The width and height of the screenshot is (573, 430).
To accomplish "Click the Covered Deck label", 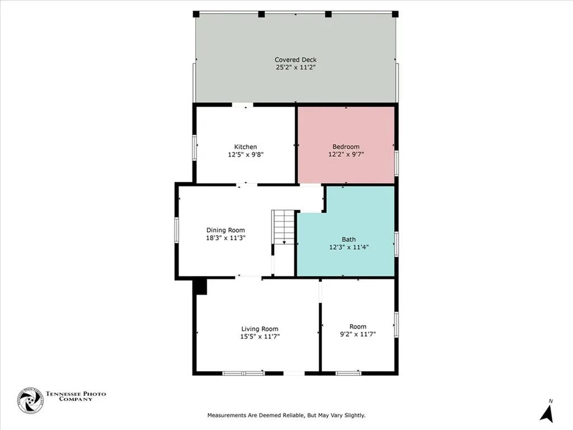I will (x=295, y=60).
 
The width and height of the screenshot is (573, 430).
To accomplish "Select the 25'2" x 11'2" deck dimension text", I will (x=295, y=68).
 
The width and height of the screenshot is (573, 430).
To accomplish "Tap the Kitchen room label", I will (x=246, y=147).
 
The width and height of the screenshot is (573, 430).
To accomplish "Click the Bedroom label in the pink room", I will (x=346, y=147).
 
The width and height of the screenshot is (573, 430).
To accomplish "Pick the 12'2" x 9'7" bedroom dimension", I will (x=346, y=155).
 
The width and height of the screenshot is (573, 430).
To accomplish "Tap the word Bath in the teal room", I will (x=349, y=239).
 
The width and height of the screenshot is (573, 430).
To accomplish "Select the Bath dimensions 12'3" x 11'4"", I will (x=349, y=246).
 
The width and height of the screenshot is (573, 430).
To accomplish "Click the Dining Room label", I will (x=226, y=230).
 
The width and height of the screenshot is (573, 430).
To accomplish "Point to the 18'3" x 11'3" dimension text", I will (x=226, y=238).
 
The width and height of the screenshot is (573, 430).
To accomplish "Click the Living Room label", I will (x=260, y=329).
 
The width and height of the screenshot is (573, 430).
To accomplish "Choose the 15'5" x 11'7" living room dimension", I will (x=260, y=336).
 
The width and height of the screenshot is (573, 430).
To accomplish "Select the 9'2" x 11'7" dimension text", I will (x=358, y=334).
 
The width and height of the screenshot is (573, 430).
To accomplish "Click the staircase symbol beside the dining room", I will (x=284, y=227).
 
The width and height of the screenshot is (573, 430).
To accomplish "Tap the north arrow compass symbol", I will (x=547, y=412).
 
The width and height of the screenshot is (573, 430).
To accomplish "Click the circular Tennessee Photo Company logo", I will (x=30, y=400).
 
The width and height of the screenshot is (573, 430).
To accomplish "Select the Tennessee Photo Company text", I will (x=76, y=396).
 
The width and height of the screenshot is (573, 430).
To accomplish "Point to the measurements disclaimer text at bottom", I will (x=286, y=415).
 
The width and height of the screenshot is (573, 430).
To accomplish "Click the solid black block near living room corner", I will (x=200, y=286).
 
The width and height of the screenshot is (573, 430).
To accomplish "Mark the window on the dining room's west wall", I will (x=176, y=231).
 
